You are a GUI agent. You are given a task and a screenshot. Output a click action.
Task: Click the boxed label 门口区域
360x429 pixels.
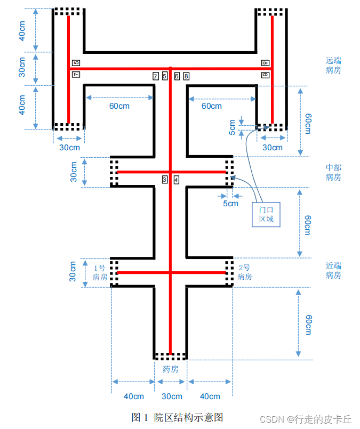[266, 214]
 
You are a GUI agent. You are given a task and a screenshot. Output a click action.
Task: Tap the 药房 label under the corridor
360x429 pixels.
[170, 369]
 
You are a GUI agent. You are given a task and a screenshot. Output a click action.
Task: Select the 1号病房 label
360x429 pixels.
[100, 272]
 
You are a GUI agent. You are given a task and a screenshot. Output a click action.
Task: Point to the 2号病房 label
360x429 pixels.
[245, 272]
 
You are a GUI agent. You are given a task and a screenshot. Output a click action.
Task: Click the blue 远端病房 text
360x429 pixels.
[333, 66]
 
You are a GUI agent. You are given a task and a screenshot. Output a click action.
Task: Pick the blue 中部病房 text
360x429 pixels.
[333, 173]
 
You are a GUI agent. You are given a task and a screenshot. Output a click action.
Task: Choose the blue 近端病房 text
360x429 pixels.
[333, 270]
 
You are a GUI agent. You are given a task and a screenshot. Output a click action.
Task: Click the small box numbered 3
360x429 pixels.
[165, 180]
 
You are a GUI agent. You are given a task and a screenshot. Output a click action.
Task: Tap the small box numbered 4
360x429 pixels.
[177, 180]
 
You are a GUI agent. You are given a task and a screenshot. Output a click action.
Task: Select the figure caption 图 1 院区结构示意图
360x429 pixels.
[177, 417]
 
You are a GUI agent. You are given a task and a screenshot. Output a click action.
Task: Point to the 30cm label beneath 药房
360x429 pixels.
[171, 396]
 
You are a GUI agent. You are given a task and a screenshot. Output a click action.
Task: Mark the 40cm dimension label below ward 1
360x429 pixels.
[133, 396]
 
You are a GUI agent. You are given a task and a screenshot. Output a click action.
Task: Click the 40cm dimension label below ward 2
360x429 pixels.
[210, 396]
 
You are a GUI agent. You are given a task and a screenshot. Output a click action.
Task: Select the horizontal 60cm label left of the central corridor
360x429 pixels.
[119, 106]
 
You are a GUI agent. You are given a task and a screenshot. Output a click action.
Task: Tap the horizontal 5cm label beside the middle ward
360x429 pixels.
[230, 203]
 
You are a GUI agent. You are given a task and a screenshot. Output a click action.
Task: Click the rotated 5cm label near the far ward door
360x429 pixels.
[233, 126]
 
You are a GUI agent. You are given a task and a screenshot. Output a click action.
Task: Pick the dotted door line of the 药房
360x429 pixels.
[170, 356]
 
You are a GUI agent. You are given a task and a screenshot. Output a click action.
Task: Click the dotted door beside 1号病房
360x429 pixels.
[114, 272]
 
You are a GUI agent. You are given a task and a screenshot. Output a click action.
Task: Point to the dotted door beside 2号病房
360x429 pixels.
[229, 272]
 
